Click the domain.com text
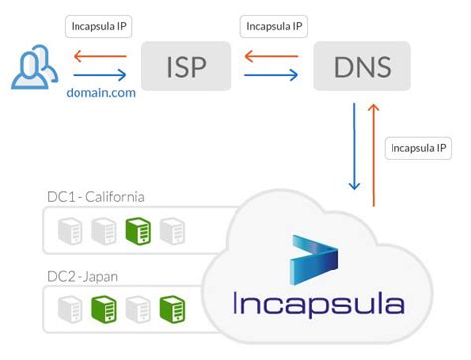pos(100,91)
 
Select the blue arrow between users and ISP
pos(99,74)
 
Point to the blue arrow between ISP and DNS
pos(271,74)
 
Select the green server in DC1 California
pos(140,232)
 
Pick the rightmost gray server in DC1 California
pos(173,232)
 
